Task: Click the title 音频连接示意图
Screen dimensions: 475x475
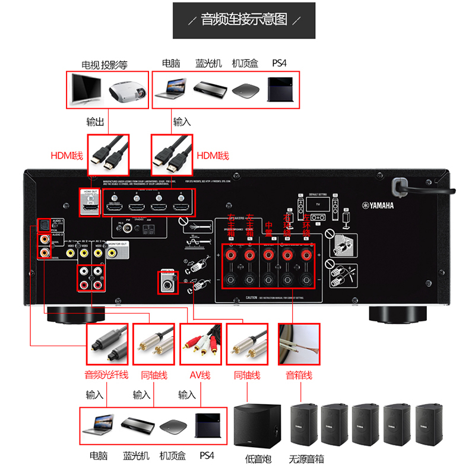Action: click(243, 20)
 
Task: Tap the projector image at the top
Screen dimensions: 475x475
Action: click(127, 90)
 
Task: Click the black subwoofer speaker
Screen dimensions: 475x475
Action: click(258, 425)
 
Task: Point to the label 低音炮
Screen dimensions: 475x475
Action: click(258, 458)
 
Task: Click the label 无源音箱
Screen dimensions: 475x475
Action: click(307, 458)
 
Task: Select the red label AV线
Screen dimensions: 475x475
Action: click(201, 375)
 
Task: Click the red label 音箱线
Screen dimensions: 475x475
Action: click(299, 375)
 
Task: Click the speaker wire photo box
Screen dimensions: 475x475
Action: click(299, 344)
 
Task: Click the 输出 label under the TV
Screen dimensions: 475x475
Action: click(95, 122)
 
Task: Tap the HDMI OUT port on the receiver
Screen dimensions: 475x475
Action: click(91, 203)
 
